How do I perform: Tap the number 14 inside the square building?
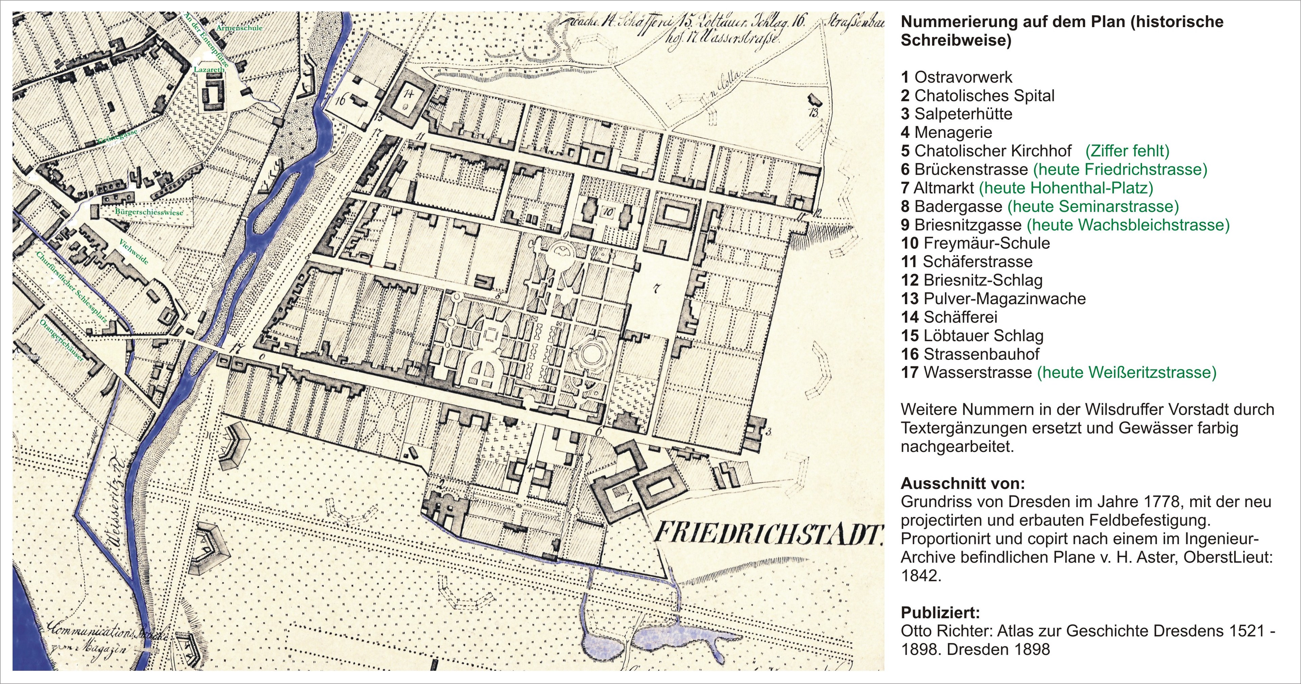[x=408, y=94]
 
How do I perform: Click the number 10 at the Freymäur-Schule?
[x=608, y=212]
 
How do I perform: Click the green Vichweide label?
[x=134, y=251]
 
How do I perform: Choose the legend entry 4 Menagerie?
[x=947, y=132]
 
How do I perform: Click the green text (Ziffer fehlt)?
[x=1127, y=150]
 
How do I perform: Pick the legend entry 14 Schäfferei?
[x=949, y=317]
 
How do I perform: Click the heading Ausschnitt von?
[x=963, y=483]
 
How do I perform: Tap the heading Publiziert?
[x=940, y=613]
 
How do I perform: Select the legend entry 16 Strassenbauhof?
[x=970, y=354]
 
